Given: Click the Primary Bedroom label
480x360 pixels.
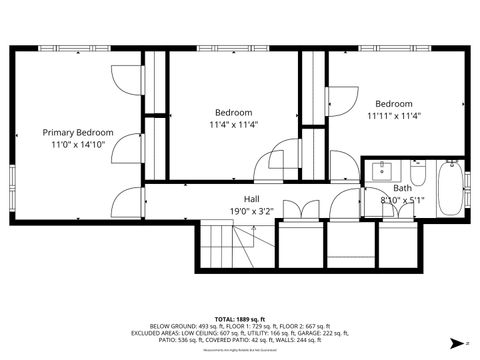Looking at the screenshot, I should coord(77,132).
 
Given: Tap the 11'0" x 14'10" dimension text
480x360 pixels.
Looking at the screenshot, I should coord(77,145).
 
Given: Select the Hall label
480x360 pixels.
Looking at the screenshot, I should coord(252,198).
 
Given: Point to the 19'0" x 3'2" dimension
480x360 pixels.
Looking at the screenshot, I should coord(252,211).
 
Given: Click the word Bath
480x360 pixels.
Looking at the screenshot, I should coord(401,188).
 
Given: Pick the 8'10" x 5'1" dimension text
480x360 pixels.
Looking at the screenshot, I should coord(402,201).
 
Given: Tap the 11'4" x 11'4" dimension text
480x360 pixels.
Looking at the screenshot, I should coord(234,125).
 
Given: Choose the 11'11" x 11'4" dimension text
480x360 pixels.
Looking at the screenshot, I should coord(394,116).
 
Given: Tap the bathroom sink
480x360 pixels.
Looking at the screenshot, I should coord(381,169).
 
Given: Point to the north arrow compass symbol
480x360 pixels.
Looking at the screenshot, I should coord(466,343).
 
